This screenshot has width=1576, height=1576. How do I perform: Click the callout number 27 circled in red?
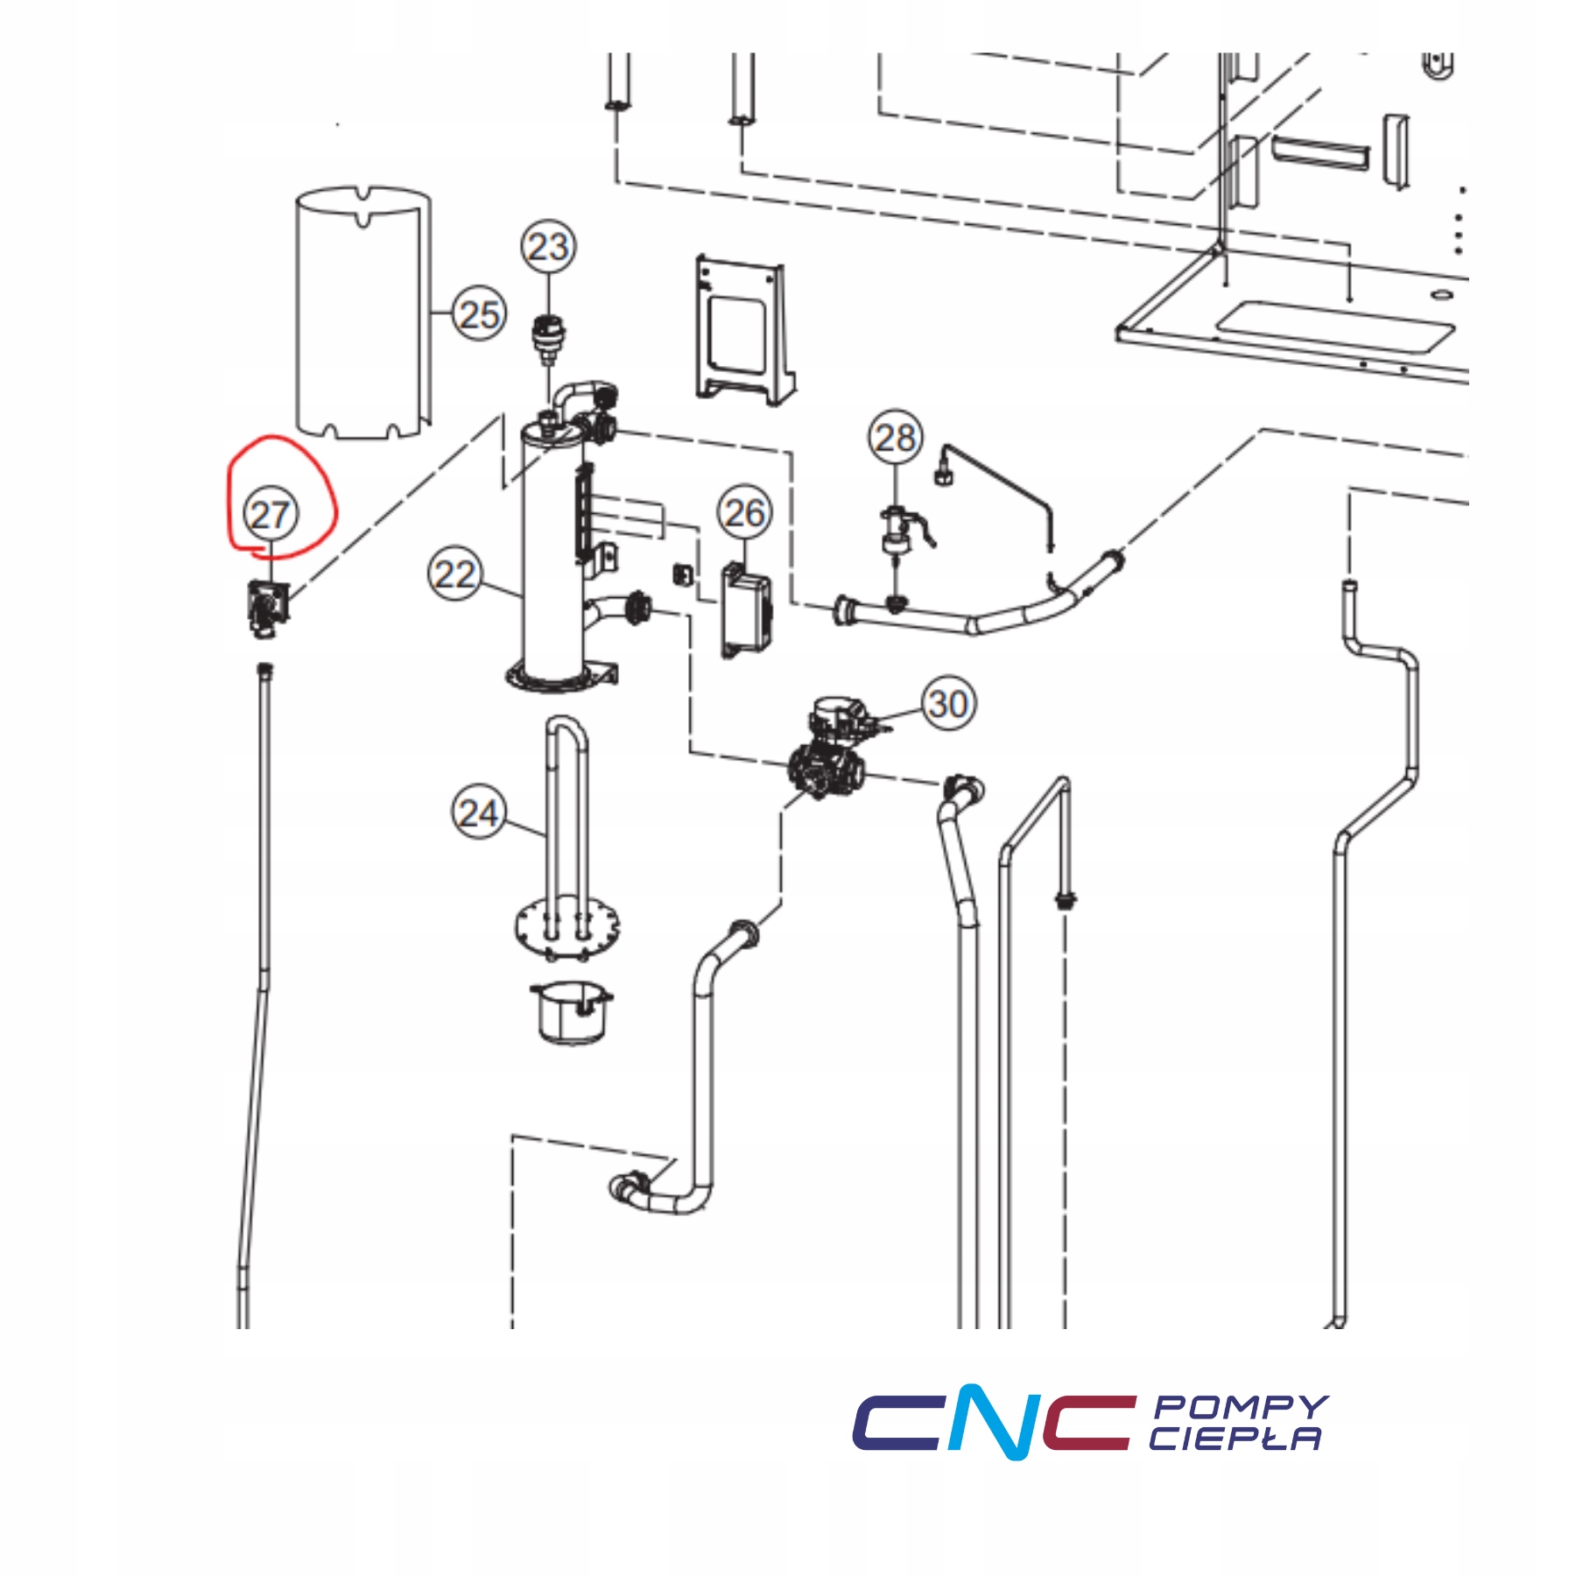(x=270, y=515)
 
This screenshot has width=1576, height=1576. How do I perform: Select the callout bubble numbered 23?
(x=549, y=247)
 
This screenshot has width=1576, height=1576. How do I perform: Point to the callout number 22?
(x=455, y=574)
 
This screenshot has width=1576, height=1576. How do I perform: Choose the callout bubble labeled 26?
(x=745, y=512)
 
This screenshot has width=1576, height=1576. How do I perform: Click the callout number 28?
(x=896, y=437)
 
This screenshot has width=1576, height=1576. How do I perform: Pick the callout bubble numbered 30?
(x=948, y=703)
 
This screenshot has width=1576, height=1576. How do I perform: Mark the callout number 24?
(x=479, y=813)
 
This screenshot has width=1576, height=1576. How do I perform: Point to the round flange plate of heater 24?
(x=567, y=925)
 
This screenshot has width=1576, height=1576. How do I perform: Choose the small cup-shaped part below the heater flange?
(x=570, y=1013)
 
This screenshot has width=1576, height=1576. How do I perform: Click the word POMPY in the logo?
(x=1240, y=1407)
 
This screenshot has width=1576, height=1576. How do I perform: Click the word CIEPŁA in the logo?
(x=1235, y=1439)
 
